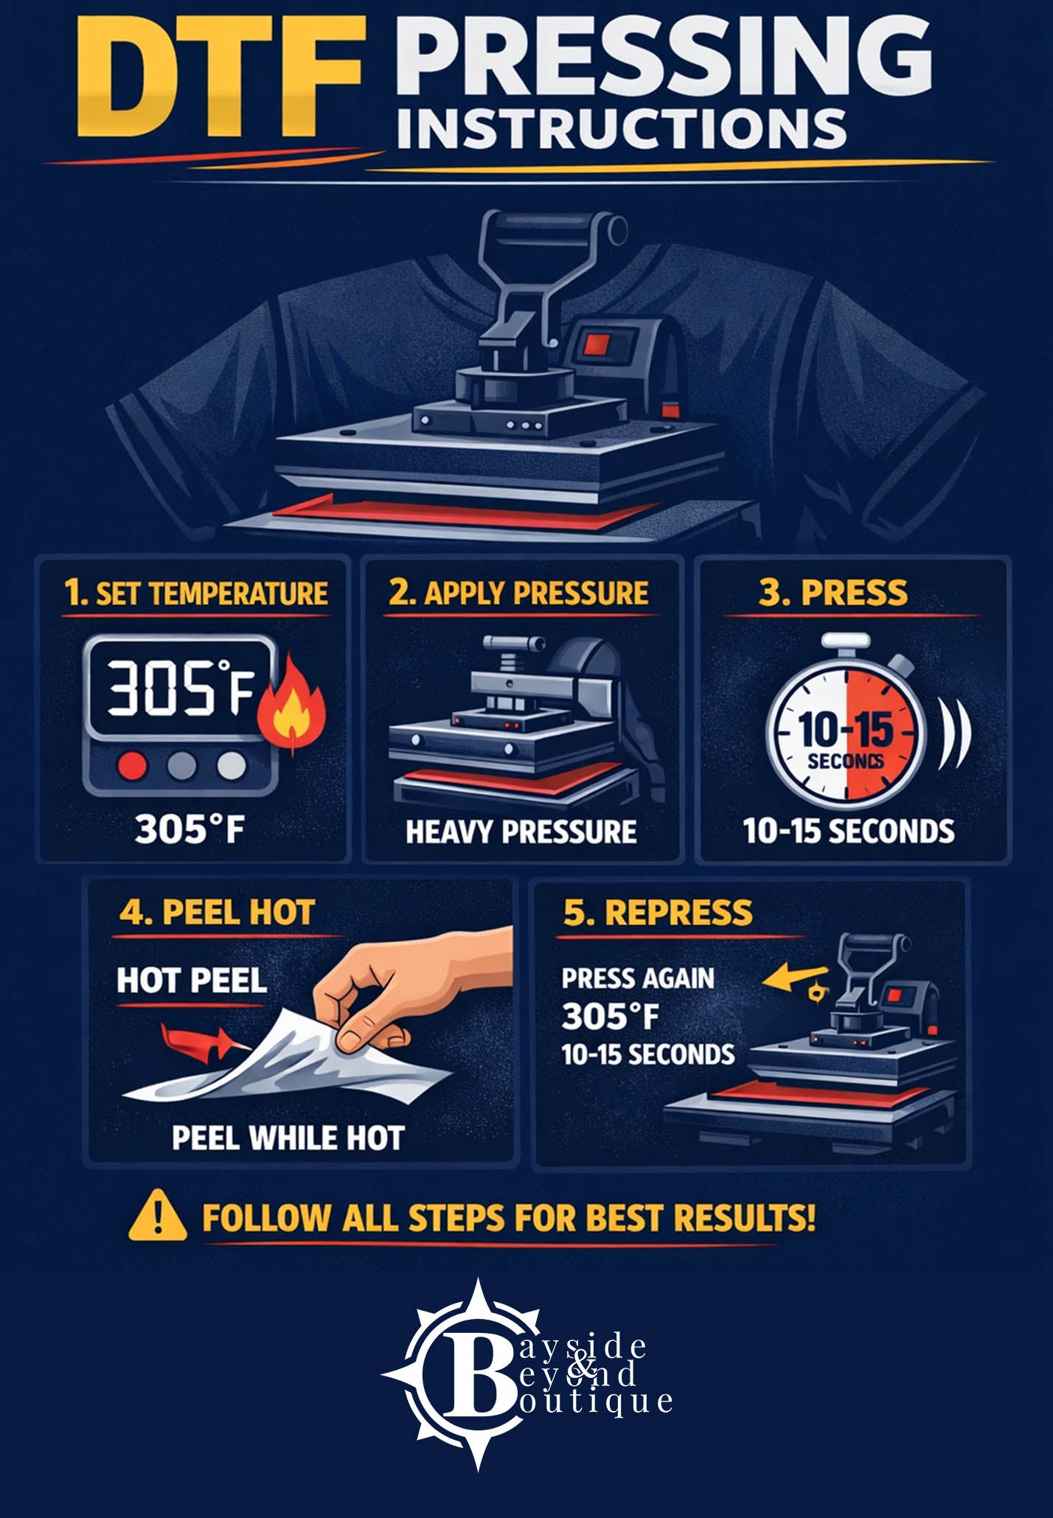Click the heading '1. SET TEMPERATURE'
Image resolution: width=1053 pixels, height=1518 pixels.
(195, 593)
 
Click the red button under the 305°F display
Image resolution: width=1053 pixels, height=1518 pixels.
(133, 766)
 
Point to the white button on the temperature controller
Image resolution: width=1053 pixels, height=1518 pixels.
(232, 766)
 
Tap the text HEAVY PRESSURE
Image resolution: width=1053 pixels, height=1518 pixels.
(521, 832)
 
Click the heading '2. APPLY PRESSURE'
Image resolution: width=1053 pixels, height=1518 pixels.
(518, 593)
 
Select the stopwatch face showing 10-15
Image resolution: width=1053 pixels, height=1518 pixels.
(845, 733)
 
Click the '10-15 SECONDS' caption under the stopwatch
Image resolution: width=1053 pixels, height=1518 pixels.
(848, 832)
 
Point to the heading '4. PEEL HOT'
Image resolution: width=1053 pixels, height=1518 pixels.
(217, 912)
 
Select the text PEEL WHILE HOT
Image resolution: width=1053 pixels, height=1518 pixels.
(288, 1138)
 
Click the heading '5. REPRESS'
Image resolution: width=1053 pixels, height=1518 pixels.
(658, 912)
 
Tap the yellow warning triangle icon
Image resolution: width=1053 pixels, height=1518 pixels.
(157, 1217)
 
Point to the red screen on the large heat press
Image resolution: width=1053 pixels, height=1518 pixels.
(594, 344)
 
